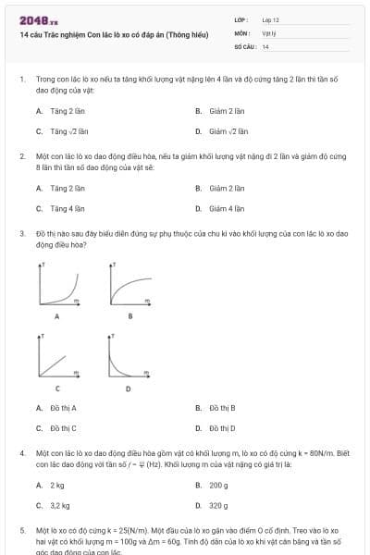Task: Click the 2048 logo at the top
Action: (x=32, y=19)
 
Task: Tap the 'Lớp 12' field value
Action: (x=270, y=19)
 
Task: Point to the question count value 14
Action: (x=265, y=45)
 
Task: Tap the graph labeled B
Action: (x=130, y=285)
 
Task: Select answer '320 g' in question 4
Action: (x=218, y=506)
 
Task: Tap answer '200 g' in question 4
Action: (x=218, y=485)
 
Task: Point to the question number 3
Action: (x=21, y=234)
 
